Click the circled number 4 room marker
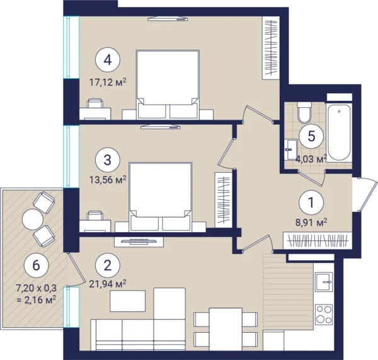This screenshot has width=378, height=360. coord(108,60)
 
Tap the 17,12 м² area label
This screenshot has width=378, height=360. coord(108,83)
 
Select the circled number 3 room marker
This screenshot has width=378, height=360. coord(108,160)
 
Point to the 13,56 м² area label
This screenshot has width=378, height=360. coord(108,180)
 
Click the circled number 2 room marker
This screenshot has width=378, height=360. coord(108,265)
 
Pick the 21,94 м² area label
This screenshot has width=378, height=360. coord(108,284)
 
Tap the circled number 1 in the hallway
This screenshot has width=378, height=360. coord(311,202)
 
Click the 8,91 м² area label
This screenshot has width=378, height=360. coord(311,223)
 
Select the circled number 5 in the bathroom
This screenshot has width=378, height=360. coord(311,136)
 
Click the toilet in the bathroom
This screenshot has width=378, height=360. coord(304,112)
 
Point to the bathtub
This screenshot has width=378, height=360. coord(338,132)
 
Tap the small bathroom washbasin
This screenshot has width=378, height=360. coord(291,149)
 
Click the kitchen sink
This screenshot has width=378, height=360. coord(324,282)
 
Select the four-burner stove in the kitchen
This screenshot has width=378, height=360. coord(324,314)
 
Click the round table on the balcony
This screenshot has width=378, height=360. coord(33,219)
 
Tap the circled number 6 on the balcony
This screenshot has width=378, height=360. coord(36,265)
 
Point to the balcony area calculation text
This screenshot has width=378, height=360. coord(36,294)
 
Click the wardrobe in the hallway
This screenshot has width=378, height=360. coord(318,240)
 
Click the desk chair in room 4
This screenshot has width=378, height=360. coord(95,103)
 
